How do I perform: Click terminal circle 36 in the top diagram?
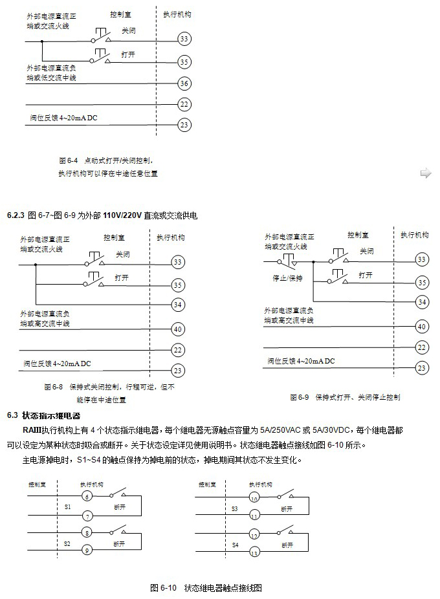click(184, 83)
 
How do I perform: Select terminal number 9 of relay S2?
click(85, 550)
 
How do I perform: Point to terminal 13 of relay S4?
click(254, 552)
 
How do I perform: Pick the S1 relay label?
click(67, 508)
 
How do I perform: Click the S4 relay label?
click(236, 545)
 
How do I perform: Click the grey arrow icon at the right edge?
click(425, 173)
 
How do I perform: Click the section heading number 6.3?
click(12, 414)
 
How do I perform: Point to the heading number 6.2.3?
click(16, 215)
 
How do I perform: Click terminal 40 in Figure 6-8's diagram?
click(177, 329)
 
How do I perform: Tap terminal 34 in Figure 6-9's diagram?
click(422, 301)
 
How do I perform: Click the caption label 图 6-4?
click(68, 159)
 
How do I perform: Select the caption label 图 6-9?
click(299, 397)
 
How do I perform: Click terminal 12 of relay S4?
click(254, 536)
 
